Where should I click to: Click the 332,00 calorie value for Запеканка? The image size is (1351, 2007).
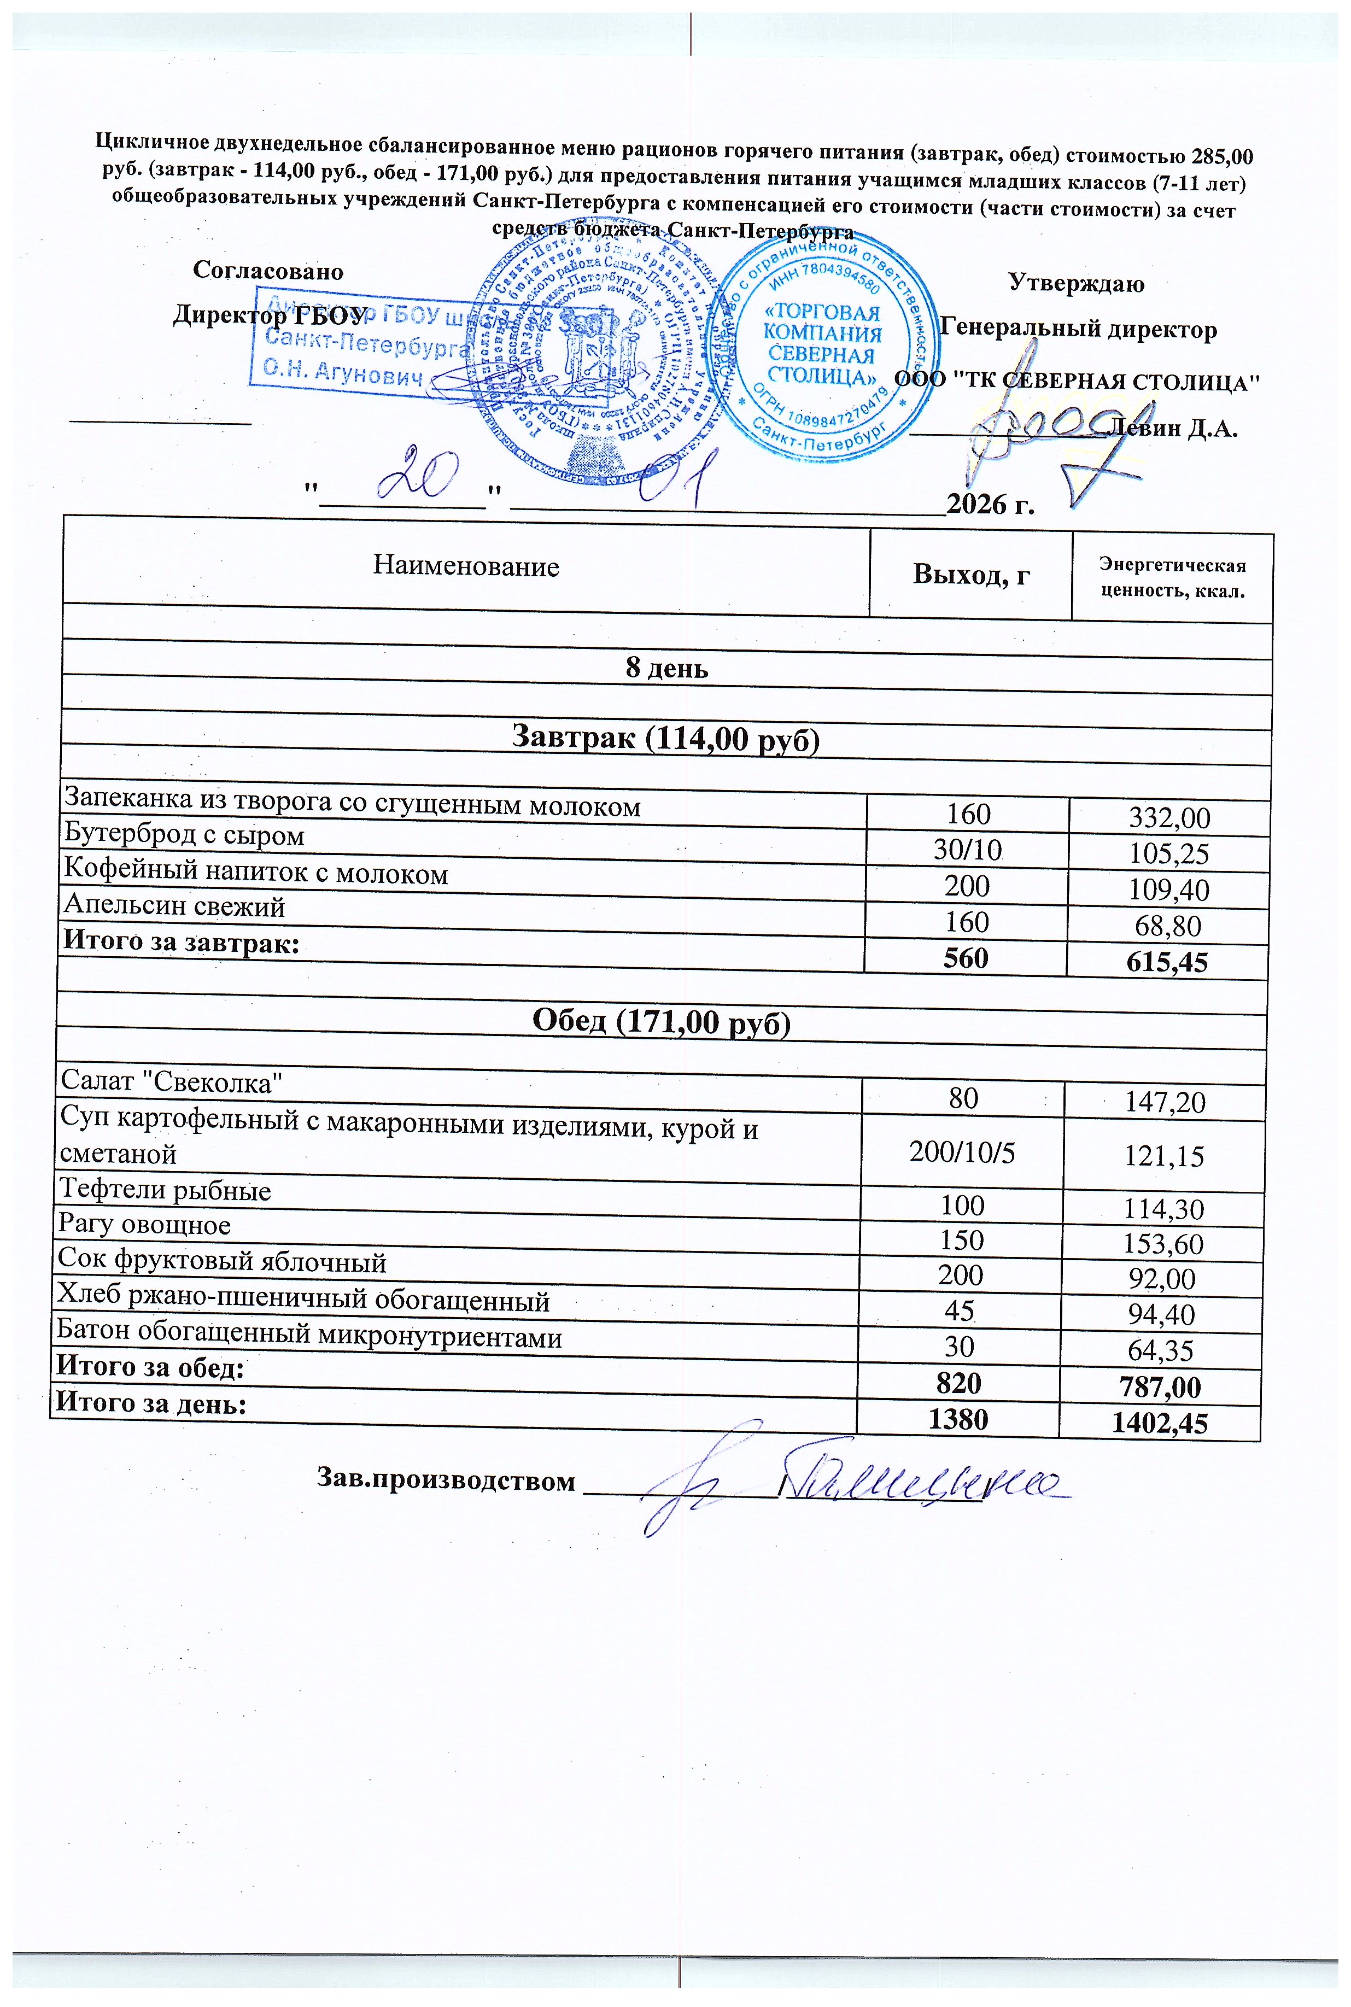[1169, 817]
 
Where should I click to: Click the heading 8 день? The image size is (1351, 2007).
[666, 669]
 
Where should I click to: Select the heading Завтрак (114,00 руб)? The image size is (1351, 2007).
[665, 739]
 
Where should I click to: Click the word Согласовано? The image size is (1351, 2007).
[268, 271]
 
